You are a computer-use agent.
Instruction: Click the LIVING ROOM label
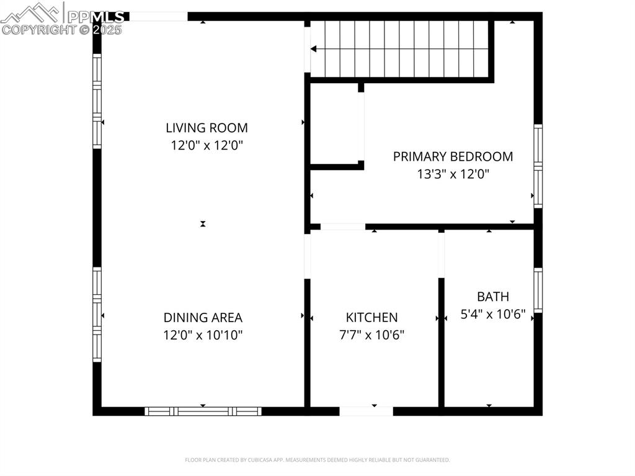(x=206, y=128)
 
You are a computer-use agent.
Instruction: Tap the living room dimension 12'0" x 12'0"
(x=206, y=146)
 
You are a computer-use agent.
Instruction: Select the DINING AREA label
(x=203, y=318)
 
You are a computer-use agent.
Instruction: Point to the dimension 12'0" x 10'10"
(x=203, y=336)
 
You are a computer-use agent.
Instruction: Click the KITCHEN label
(x=371, y=318)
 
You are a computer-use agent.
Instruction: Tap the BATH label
(x=493, y=297)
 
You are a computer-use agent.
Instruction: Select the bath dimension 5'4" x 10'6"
(x=493, y=315)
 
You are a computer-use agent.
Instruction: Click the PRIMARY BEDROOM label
(x=453, y=156)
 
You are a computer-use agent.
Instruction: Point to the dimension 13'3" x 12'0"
(x=453, y=174)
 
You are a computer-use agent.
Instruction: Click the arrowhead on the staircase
(x=314, y=48)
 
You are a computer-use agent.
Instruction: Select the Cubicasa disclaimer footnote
(x=317, y=460)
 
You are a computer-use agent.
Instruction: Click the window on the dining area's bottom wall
(x=203, y=411)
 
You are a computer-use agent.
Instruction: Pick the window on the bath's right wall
(x=538, y=290)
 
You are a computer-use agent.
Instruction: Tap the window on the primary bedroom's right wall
(x=538, y=166)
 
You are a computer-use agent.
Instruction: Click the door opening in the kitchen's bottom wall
(x=366, y=411)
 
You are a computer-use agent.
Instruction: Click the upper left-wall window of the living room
(x=97, y=101)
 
